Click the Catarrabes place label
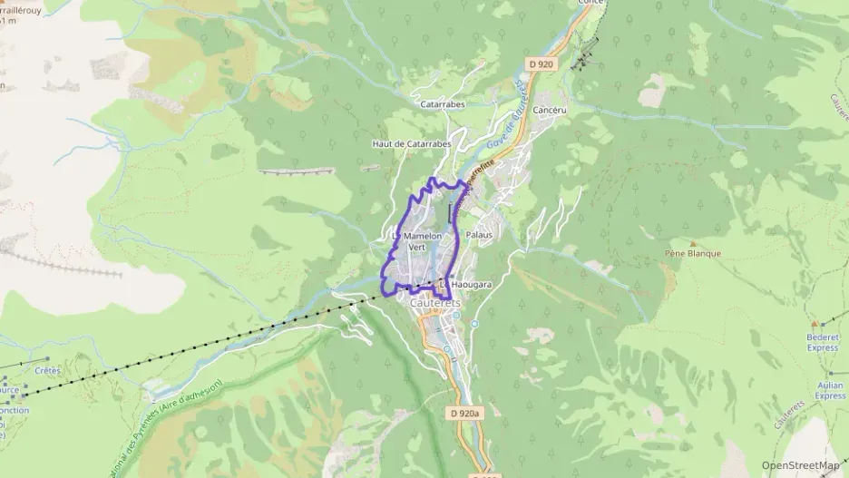[x=443, y=104]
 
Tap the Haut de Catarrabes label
[x=411, y=144]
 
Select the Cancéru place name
[x=550, y=110]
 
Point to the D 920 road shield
[x=541, y=63]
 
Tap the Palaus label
[x=478, y=235]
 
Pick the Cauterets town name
[x=434, y=303]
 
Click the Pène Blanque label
[x=692, y=254]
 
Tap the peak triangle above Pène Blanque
[x=692, y=243]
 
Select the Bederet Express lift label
[x=822, y=342]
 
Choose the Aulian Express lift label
[x=829, y=390]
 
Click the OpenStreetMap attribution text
[x=799, y=465]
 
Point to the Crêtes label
[x=47, y=370]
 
